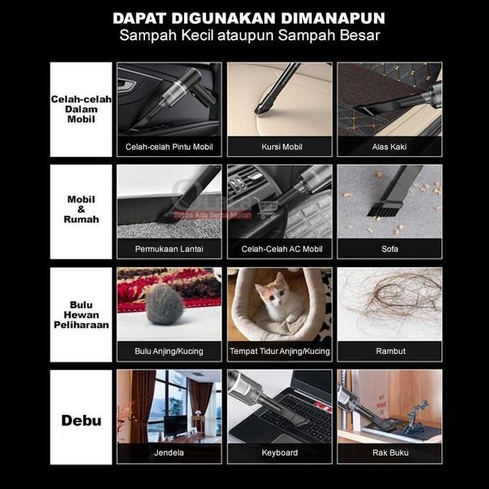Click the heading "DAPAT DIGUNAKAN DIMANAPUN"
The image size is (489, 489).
248,17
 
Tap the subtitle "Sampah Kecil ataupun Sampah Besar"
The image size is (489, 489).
248,36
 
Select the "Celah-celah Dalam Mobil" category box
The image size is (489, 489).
81,109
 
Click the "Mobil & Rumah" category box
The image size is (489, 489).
81,211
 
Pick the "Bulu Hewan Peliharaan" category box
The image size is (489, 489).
81,314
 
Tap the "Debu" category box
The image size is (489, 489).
81,420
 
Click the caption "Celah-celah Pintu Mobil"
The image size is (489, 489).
169,147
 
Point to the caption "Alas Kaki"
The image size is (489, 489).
389,147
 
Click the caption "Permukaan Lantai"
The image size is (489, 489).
169,249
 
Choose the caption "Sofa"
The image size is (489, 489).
389,249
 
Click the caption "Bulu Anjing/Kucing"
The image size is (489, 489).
169,351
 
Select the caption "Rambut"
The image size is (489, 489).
390,351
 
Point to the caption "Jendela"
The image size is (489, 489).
169,453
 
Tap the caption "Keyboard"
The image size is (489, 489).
279,453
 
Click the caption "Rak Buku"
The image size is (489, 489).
389,453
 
